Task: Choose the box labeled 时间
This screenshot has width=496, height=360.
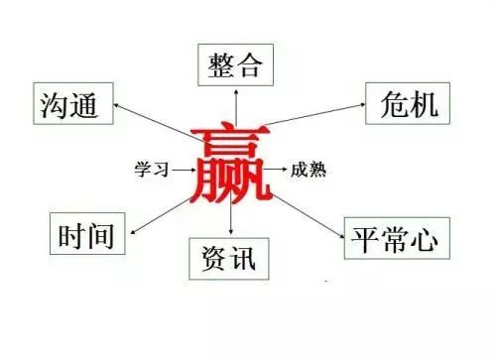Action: (x=81, y=236)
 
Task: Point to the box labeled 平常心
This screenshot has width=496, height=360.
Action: (x=395, y=238)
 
